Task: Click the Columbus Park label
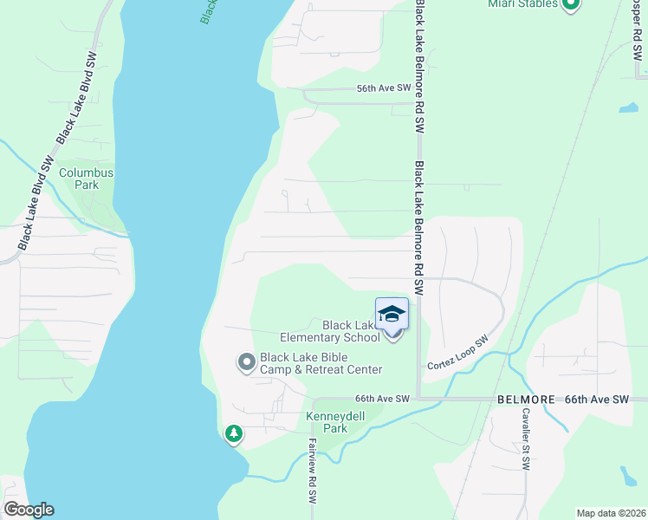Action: click(x=86, y=179)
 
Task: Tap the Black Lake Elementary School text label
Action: click(x=329, y=331)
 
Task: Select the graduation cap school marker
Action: click(x=392, y=314)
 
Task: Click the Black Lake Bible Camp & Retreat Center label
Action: click(x=321, y=363)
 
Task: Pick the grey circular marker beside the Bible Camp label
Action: click(x=246, y=362)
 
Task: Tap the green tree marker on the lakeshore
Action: click(x=233, y=432)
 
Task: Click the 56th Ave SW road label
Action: click(x=384, y=89)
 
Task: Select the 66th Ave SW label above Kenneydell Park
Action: click(x=381, y=399)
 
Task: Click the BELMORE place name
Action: click(x=525, y=400)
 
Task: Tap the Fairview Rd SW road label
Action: click(x=312, y=471)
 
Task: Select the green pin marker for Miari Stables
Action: click(x=570, y=5)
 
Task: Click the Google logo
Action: click(x=29, y=509)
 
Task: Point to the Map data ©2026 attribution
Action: click(x=610, y=513)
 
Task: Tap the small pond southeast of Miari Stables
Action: click(x=628, y=108)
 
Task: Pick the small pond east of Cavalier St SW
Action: click(x=629, y=476)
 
